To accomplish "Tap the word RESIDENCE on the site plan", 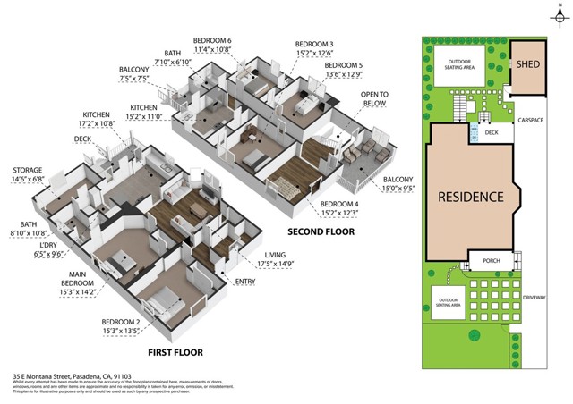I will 469,197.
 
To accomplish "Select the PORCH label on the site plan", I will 491,262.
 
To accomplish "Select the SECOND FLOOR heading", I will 321,231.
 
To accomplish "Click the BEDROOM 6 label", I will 212,41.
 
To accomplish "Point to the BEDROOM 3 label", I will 314,44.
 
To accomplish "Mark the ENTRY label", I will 244,282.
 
